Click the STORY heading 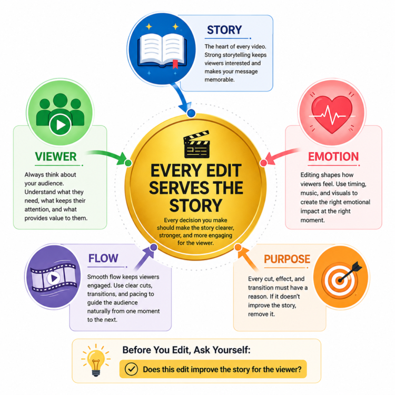coord(224,30)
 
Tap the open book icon coord(162,51)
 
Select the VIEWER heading coord(56,156)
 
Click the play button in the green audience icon coord(60,124)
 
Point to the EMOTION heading coord(333,157)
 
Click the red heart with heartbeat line coord(331,114)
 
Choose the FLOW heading coord(103,259)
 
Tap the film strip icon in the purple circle coord(53,278)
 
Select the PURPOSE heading coord(287,259)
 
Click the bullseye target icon coord(341,279)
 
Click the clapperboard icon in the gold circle coord(196,144)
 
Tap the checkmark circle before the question coord(131,369)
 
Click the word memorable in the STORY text coord(220,80)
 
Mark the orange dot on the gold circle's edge coord(238,247)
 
